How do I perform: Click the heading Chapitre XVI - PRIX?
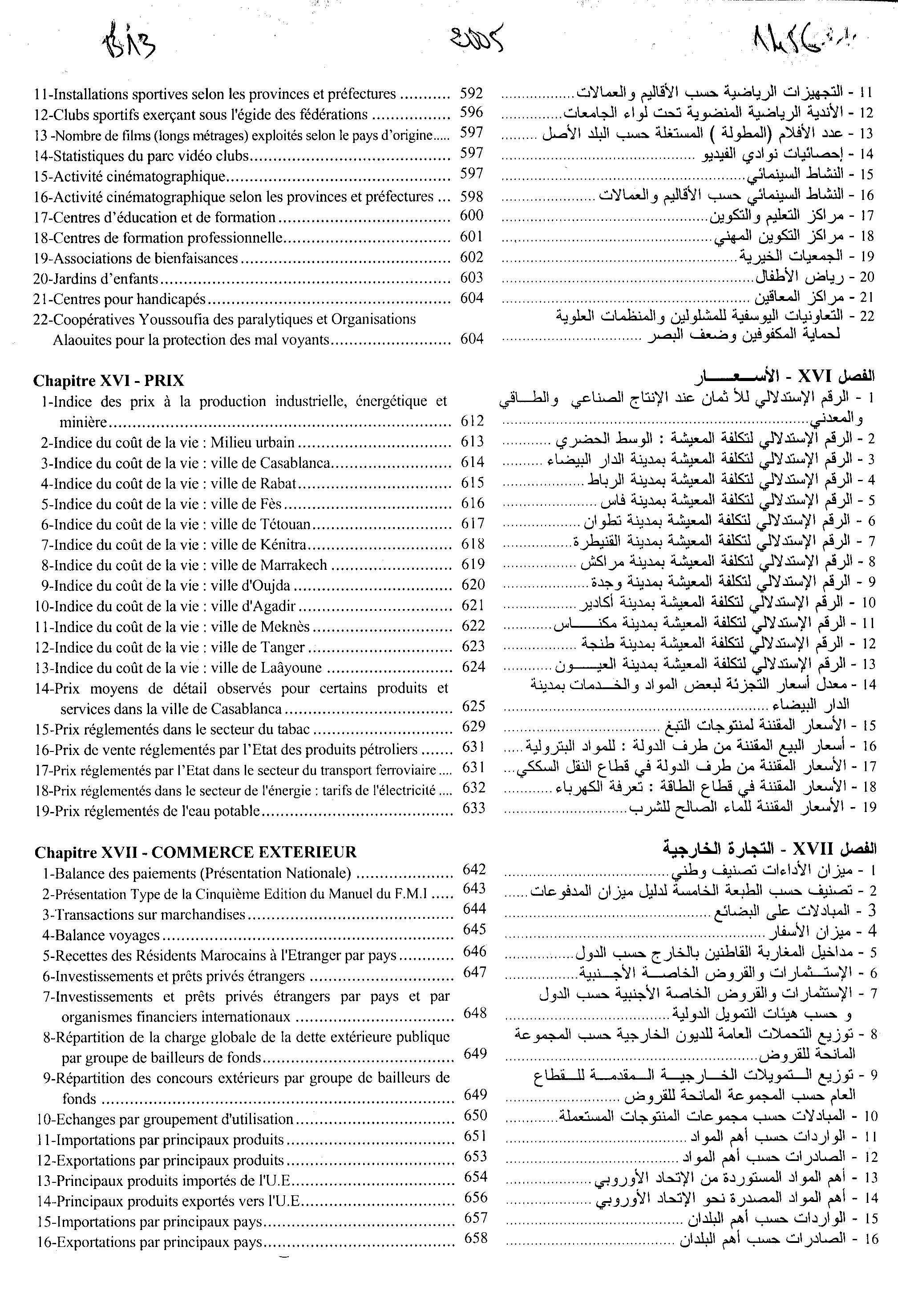109,381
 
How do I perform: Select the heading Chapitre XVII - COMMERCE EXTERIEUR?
195,852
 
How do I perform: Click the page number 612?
472,421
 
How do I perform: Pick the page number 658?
475,1238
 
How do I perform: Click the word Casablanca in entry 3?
295,463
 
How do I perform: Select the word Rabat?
278,483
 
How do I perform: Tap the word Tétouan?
285,524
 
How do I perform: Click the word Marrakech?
293,565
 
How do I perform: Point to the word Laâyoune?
291,668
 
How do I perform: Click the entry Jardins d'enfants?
96,279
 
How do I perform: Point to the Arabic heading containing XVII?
769,848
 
